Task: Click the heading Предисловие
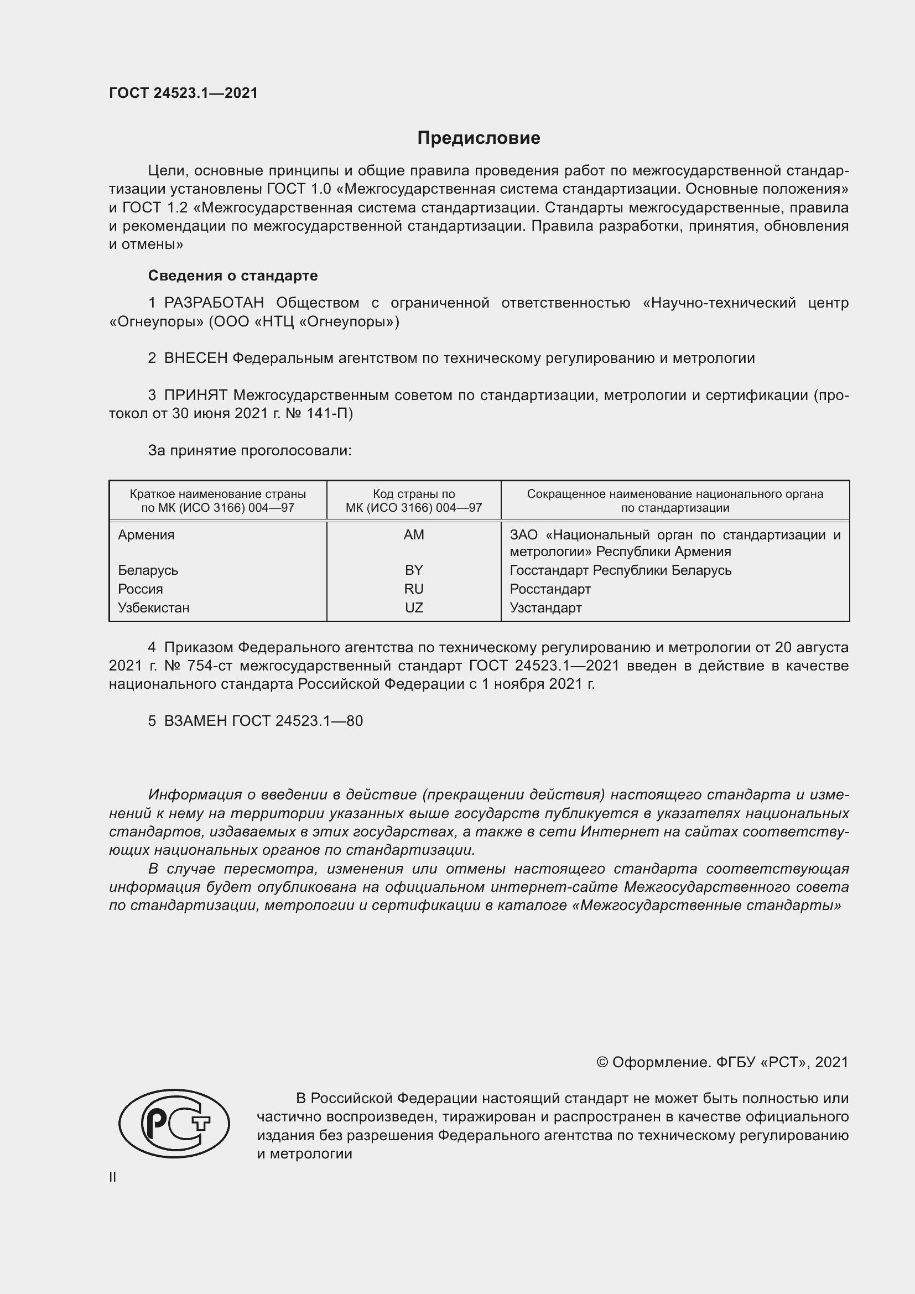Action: pyautogui.click(x=479, y=138)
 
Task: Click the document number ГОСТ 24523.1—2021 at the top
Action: pyautogui.click(x=183, y=93)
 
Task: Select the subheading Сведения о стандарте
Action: pyautogui.click(x=233, y=276)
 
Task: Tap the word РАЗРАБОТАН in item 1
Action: pyautogui.click(x=214, y=303)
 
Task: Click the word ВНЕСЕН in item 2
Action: pyautogui.click(x=195, y=358)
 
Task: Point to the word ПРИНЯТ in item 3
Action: pyautogui.click(x=195, y=395)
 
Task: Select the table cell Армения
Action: pyautogui.click(x=146, y=535)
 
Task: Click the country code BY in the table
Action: pyautogui.click(x=414, y=570)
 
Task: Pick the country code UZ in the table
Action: pyautogui.click(x=414, y=608)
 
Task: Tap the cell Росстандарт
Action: pyautogui.click(x=550, y=590)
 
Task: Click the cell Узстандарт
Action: pyautogui.click(x=545, y=608)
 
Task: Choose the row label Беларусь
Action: pyautogui.click(x=148, y=570)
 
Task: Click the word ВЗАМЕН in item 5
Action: pyautogui.click(x=195, y=721)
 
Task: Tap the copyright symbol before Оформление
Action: pyautogui.click(x=602, y=1062)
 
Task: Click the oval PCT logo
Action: pyautogui.click(x=174, y=1123)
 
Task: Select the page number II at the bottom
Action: pyautogui.click(x=113, y=1177)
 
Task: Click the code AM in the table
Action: pyautogui.click(x=414, y=535)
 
